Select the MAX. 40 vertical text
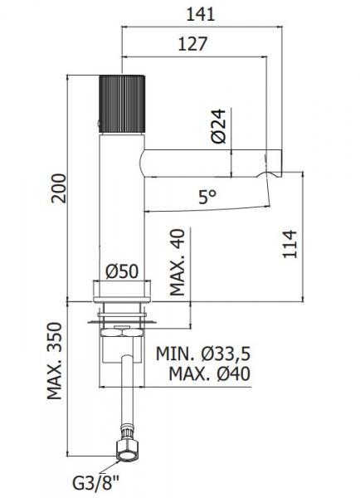pos(177,263)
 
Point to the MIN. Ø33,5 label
pos(204,354)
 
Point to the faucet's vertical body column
pos(123,207)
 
